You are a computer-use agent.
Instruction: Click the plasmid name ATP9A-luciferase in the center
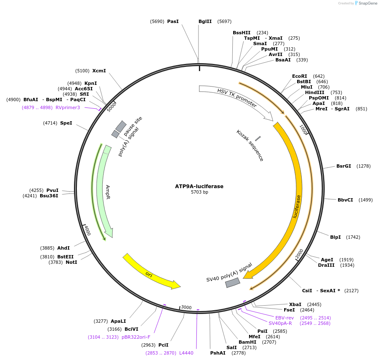point(199,186)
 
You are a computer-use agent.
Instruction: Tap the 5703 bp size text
point(199,192)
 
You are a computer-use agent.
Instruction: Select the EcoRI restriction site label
point(300,76)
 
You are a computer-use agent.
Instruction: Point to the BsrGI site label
point(343,166)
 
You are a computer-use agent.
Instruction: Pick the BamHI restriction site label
point(247,342)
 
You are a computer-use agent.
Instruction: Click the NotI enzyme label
point(71,262)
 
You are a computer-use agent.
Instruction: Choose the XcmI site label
point(99,71)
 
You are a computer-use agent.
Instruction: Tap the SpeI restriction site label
point(66,123)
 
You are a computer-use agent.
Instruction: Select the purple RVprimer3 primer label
point(68,107)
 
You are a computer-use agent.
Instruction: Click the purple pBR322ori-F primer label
point(136,337)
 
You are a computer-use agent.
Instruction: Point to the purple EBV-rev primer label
point(285,318)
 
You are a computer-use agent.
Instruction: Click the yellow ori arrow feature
point(151,271)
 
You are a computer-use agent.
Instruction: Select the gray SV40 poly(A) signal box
point(233,283)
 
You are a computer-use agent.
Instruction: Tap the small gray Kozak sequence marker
point(258,138)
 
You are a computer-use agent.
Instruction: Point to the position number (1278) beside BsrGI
point(364,166)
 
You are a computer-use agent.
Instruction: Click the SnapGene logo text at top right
point(367,3)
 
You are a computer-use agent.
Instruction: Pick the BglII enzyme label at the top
point(205,21)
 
